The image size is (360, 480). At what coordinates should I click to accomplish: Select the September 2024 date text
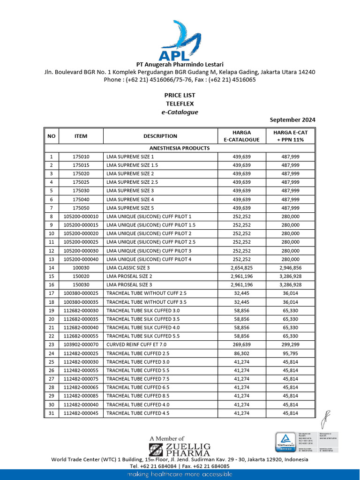tap(292, 120)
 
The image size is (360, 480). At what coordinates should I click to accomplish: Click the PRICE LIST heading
tap(180, 95)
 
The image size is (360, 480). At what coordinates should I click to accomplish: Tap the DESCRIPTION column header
tap(160, 136)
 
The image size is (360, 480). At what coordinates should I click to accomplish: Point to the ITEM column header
tap(81, 136)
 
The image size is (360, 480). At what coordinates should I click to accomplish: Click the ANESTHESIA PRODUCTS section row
tap(180, 148)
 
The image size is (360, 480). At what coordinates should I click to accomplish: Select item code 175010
tap(81, 157)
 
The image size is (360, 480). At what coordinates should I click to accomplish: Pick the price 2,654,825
tap(241, 268)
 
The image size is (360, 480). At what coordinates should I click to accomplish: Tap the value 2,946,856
tap(291, 268)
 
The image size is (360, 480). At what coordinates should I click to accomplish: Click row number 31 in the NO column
tap(51, 413)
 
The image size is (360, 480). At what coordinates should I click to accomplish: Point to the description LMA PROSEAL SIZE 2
tap(130, 276)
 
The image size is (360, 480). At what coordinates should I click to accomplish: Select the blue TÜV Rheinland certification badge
tap(285, 442)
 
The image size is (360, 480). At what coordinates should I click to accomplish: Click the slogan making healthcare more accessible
tap(180, 474)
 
